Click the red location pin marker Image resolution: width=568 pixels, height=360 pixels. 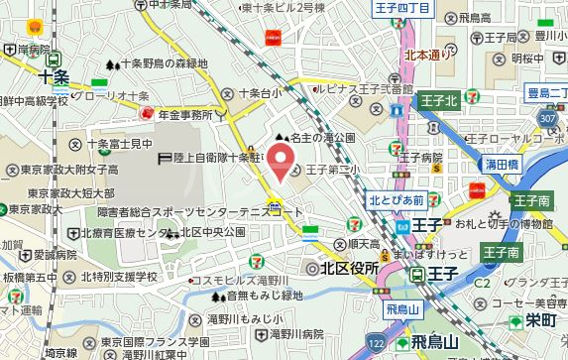pyautogui.click(x=283, y=159)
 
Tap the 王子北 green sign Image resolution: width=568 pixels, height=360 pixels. pyautogui.click(x=437, y=100)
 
